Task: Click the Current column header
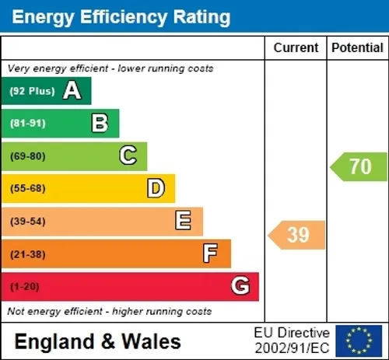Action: click(x=296, y=47)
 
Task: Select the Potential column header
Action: click(x=357, y=47)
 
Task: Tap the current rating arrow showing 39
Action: click(x=296, y=235)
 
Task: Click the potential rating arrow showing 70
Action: click(x=359, y=166)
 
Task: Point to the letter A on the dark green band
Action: click(x=72, y=90)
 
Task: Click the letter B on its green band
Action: click(x=100, y=123)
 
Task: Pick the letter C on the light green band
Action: click(x=128, y=155)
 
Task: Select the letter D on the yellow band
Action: click(x=156, y=188)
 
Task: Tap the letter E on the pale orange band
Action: click(x=184, y=220)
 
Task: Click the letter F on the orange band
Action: click(x=210, y=253)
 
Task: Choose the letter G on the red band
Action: click(x=240, y=285)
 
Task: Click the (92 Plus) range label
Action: click(x=33, y=91)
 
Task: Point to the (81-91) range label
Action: click(x=28, y=124)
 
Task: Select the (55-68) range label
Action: click(x=28, y=188)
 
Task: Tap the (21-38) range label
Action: click(x=28, y=254)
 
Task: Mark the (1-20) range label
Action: click(x=25, y=287)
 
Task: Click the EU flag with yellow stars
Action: click(x=359, y=341)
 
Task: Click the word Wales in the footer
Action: click(x=151, y=341)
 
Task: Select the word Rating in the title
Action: click(x=202, y=17)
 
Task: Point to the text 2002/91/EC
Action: click(x=292, y=348)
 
